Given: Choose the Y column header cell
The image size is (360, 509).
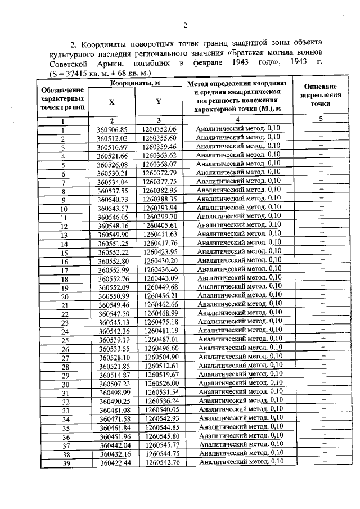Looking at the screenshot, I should click(159, 102).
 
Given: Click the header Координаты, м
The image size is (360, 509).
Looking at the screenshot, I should click(134, 83).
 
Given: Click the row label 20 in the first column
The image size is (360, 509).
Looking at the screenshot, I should click(65, 296).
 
